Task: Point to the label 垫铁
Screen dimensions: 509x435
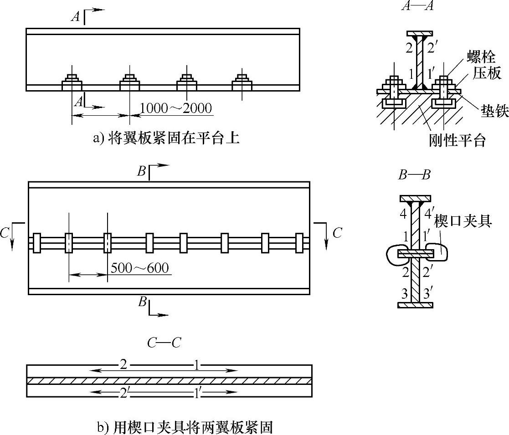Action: [494, 112]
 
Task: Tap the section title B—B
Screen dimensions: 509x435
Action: [414, 175]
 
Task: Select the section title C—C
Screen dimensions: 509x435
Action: [164, 343]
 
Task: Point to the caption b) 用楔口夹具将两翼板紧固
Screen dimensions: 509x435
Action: [185, 428]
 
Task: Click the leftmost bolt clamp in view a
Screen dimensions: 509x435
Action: [72, 82]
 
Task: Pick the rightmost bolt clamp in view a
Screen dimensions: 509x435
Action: [242, 82]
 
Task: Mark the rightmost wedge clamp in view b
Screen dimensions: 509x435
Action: [299, 242]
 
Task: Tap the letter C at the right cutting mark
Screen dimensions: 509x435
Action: [337, 233]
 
